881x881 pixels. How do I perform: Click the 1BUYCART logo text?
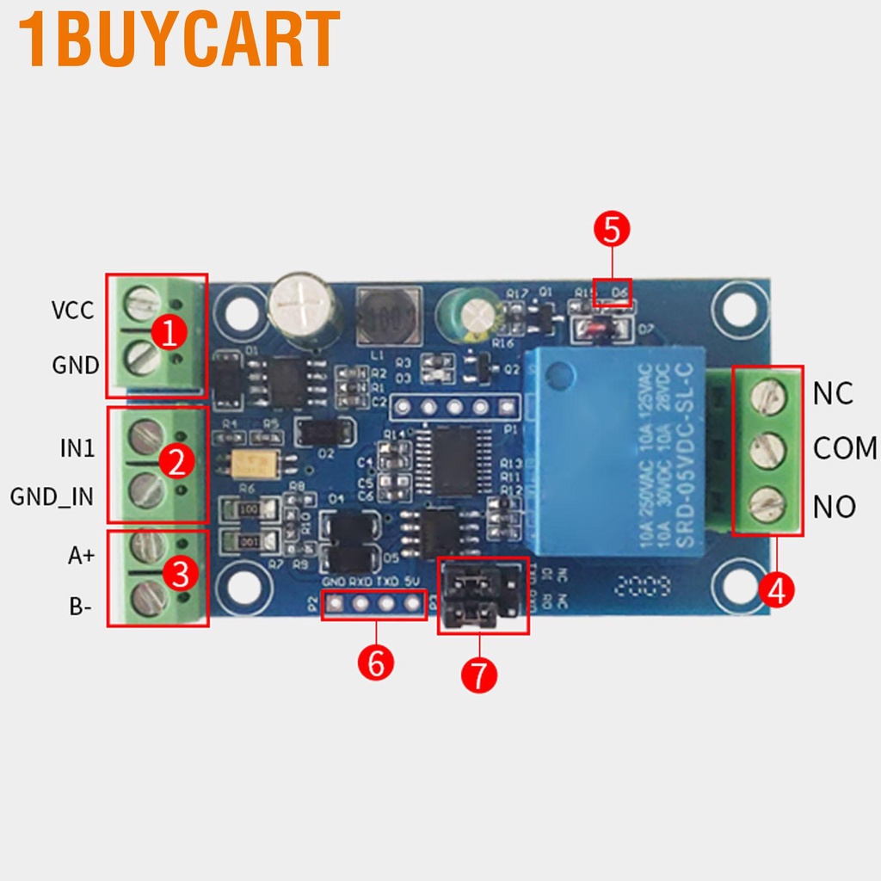[179, 39]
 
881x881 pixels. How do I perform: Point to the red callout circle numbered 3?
[180, 574]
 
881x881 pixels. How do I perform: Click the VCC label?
[72, 311]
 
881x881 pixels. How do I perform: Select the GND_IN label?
[52, 496]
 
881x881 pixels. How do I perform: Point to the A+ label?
[82, 556]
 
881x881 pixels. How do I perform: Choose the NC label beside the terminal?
[832, 393]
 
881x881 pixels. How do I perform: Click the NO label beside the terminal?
[834, 507]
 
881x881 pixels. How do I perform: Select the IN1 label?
[78, 448]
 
